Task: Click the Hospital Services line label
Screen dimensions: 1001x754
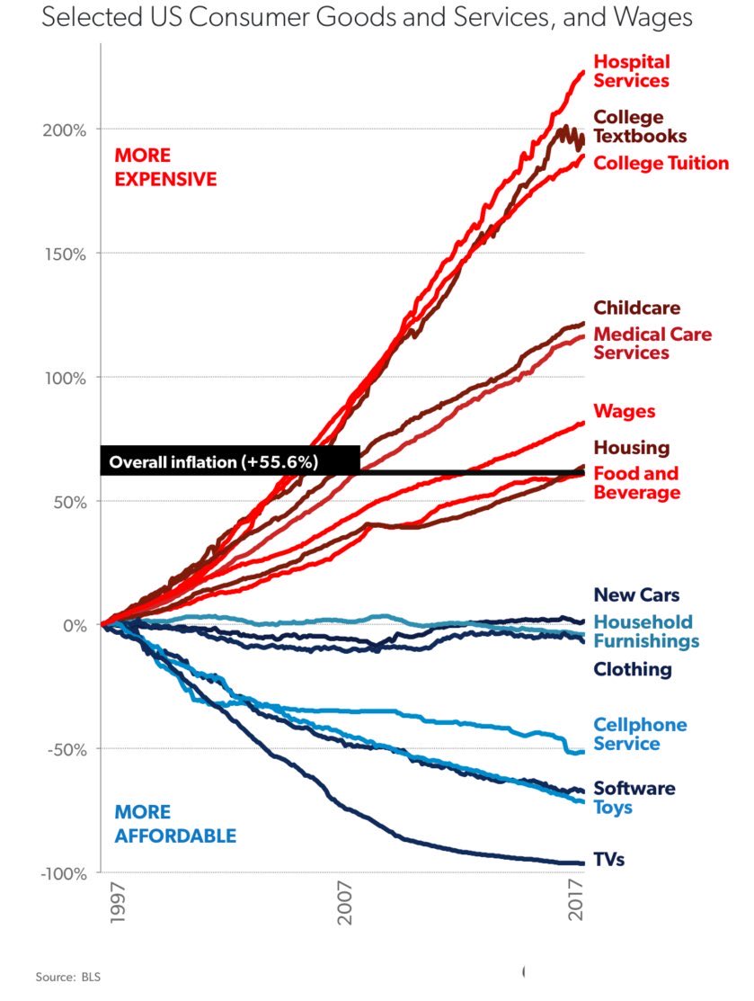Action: click(x=631, y=71)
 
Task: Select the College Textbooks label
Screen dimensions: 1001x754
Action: click(x=640, y=127)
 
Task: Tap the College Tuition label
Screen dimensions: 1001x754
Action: click(x=661, y=163)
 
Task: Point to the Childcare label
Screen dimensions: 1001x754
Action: click(x=636, y=308)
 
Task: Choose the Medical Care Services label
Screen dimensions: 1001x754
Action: click(x=652, y=344)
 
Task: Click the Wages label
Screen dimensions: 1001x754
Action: click(x=625, y=412)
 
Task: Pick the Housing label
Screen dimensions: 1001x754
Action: click(x=631, y=448)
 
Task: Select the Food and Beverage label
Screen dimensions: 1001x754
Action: click(x=636, y=483)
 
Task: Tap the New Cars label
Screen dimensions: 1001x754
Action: click(x=636, y=595)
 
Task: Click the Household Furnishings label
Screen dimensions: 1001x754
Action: click(x=645, y=631)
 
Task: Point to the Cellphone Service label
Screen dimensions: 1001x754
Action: click(x=640, y=734)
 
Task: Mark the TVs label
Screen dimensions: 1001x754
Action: click(x=608, y=860)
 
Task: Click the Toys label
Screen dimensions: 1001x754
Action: click(x=612, y=808)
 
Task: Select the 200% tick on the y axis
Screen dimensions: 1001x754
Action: click(x=67, y=130)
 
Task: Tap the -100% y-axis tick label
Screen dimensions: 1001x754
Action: click(x=63, y=873)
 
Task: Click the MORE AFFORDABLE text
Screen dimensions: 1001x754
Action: click(x=175, y=825)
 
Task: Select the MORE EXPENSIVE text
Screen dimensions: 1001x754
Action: click(x=165, y=167)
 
